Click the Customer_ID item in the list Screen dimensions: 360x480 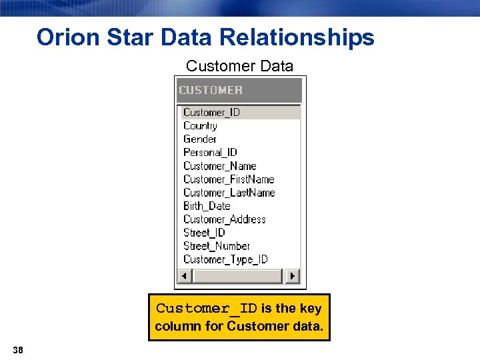211,113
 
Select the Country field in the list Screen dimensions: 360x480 200,126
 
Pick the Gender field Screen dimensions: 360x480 199,139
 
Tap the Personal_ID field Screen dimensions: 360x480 210,153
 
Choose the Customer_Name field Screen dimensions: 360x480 219,166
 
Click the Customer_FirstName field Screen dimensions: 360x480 229,179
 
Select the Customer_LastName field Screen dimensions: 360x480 229,193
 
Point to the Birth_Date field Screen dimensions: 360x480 207,206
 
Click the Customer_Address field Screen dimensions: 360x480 224,219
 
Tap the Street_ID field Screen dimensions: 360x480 204,233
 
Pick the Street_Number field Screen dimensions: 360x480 216,246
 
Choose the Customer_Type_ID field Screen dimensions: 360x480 225,259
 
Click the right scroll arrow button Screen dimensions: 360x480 293,276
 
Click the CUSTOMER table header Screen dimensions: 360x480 211,90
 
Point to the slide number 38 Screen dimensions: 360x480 17,349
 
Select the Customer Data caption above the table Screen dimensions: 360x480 239,66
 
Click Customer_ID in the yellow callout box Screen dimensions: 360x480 206,309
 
